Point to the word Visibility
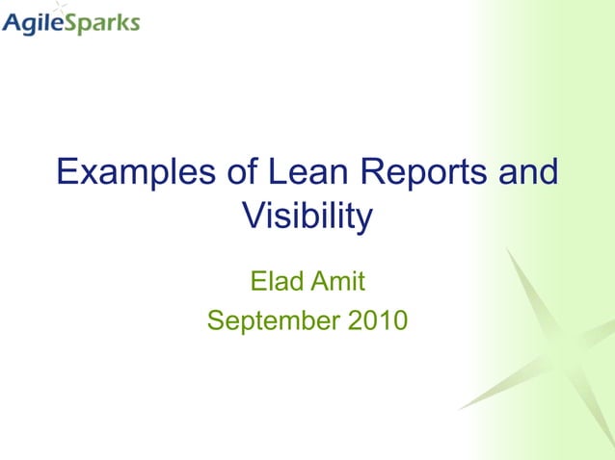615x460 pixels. (306, 217)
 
